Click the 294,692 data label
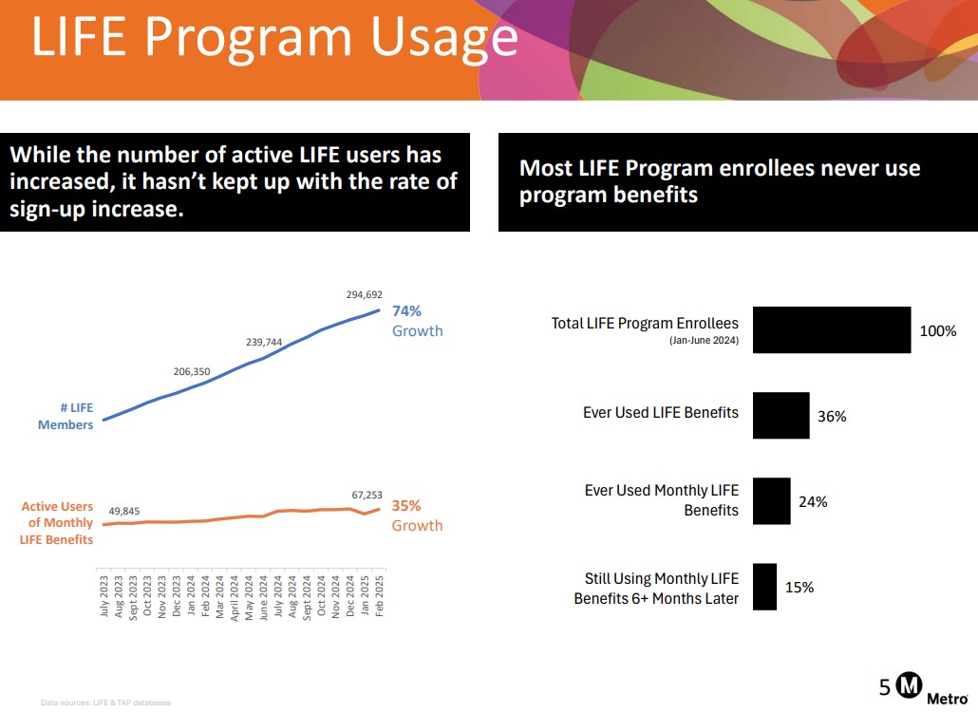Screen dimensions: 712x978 coord(365,295)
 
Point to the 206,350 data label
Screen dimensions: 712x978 coord(192,372)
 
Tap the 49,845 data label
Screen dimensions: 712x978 coord(123,512)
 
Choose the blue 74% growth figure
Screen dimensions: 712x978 coord(406,310)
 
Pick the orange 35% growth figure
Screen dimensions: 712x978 coord(406,506)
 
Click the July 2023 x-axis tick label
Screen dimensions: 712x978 coord(104,595)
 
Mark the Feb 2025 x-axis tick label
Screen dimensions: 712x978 coord(380,596)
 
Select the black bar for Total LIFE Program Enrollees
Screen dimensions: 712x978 coord(832,329)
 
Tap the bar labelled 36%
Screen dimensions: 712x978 coord(781,415)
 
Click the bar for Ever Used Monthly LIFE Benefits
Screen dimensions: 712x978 coord(771,500)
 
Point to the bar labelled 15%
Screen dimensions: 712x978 coord(764,587)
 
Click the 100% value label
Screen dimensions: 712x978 coord(938,331)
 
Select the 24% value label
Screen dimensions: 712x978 coord(813,502)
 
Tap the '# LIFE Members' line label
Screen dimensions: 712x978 coord(66,416)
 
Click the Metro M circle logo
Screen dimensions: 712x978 coord(911,685)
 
